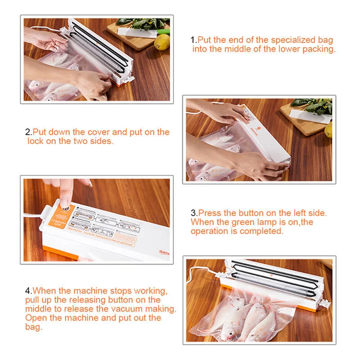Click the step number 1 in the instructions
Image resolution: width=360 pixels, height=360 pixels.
coord(193,40)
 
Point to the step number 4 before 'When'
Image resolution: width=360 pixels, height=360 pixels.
coord(27,291)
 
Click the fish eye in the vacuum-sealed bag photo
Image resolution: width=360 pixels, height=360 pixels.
coord(230,334)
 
